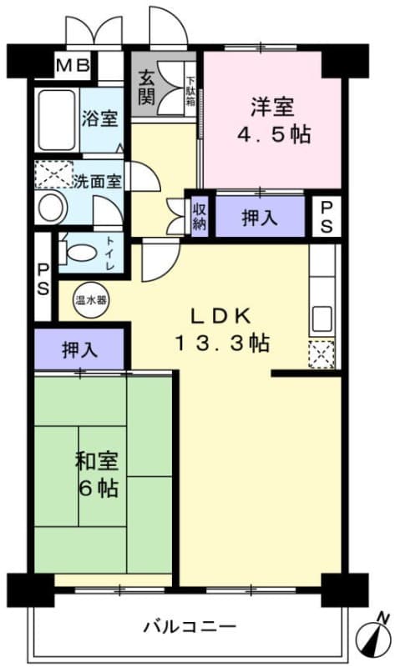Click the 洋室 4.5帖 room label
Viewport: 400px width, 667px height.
point(272,121)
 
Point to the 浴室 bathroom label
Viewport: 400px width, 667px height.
point(99,119)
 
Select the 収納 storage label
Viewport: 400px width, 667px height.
point(200,217)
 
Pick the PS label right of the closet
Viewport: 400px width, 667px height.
point(327,216)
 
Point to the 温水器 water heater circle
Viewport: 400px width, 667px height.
point(89,299)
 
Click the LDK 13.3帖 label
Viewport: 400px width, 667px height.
point(221,328)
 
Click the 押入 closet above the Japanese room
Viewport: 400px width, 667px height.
point(79,349)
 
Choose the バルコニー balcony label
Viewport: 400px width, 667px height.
point(190,625)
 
